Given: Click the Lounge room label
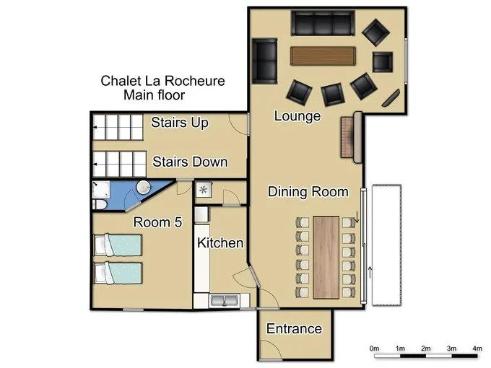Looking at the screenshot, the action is click(297, 116).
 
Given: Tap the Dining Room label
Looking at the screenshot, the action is click(308, 192).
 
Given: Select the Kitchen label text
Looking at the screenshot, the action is click(220, 243).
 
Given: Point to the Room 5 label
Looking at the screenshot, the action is click(157, 222).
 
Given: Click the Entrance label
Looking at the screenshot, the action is click(294, 329).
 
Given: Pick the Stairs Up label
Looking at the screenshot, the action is click(180, 123).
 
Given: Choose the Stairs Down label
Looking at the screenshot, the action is click(190, 162).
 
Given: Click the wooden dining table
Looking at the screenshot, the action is click(326, 257).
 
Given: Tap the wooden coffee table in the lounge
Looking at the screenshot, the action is click(323, 56).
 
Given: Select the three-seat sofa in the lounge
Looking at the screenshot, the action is click(323, 23).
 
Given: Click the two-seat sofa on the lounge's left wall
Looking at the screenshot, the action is click(264, 61).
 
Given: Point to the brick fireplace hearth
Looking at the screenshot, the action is click(347, 137).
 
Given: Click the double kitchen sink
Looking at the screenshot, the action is click(224, 300).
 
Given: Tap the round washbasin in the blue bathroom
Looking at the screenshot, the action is click(144, 188).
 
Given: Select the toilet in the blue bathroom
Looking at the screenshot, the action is click(100, 204).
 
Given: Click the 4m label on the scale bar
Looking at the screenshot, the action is click(477, 349).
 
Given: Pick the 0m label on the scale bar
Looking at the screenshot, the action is click(374, 349).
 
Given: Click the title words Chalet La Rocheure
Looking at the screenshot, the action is click(162, 81).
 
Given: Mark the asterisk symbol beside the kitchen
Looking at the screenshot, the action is click(203, 190).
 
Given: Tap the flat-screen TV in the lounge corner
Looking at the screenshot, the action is click(391, 97).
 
